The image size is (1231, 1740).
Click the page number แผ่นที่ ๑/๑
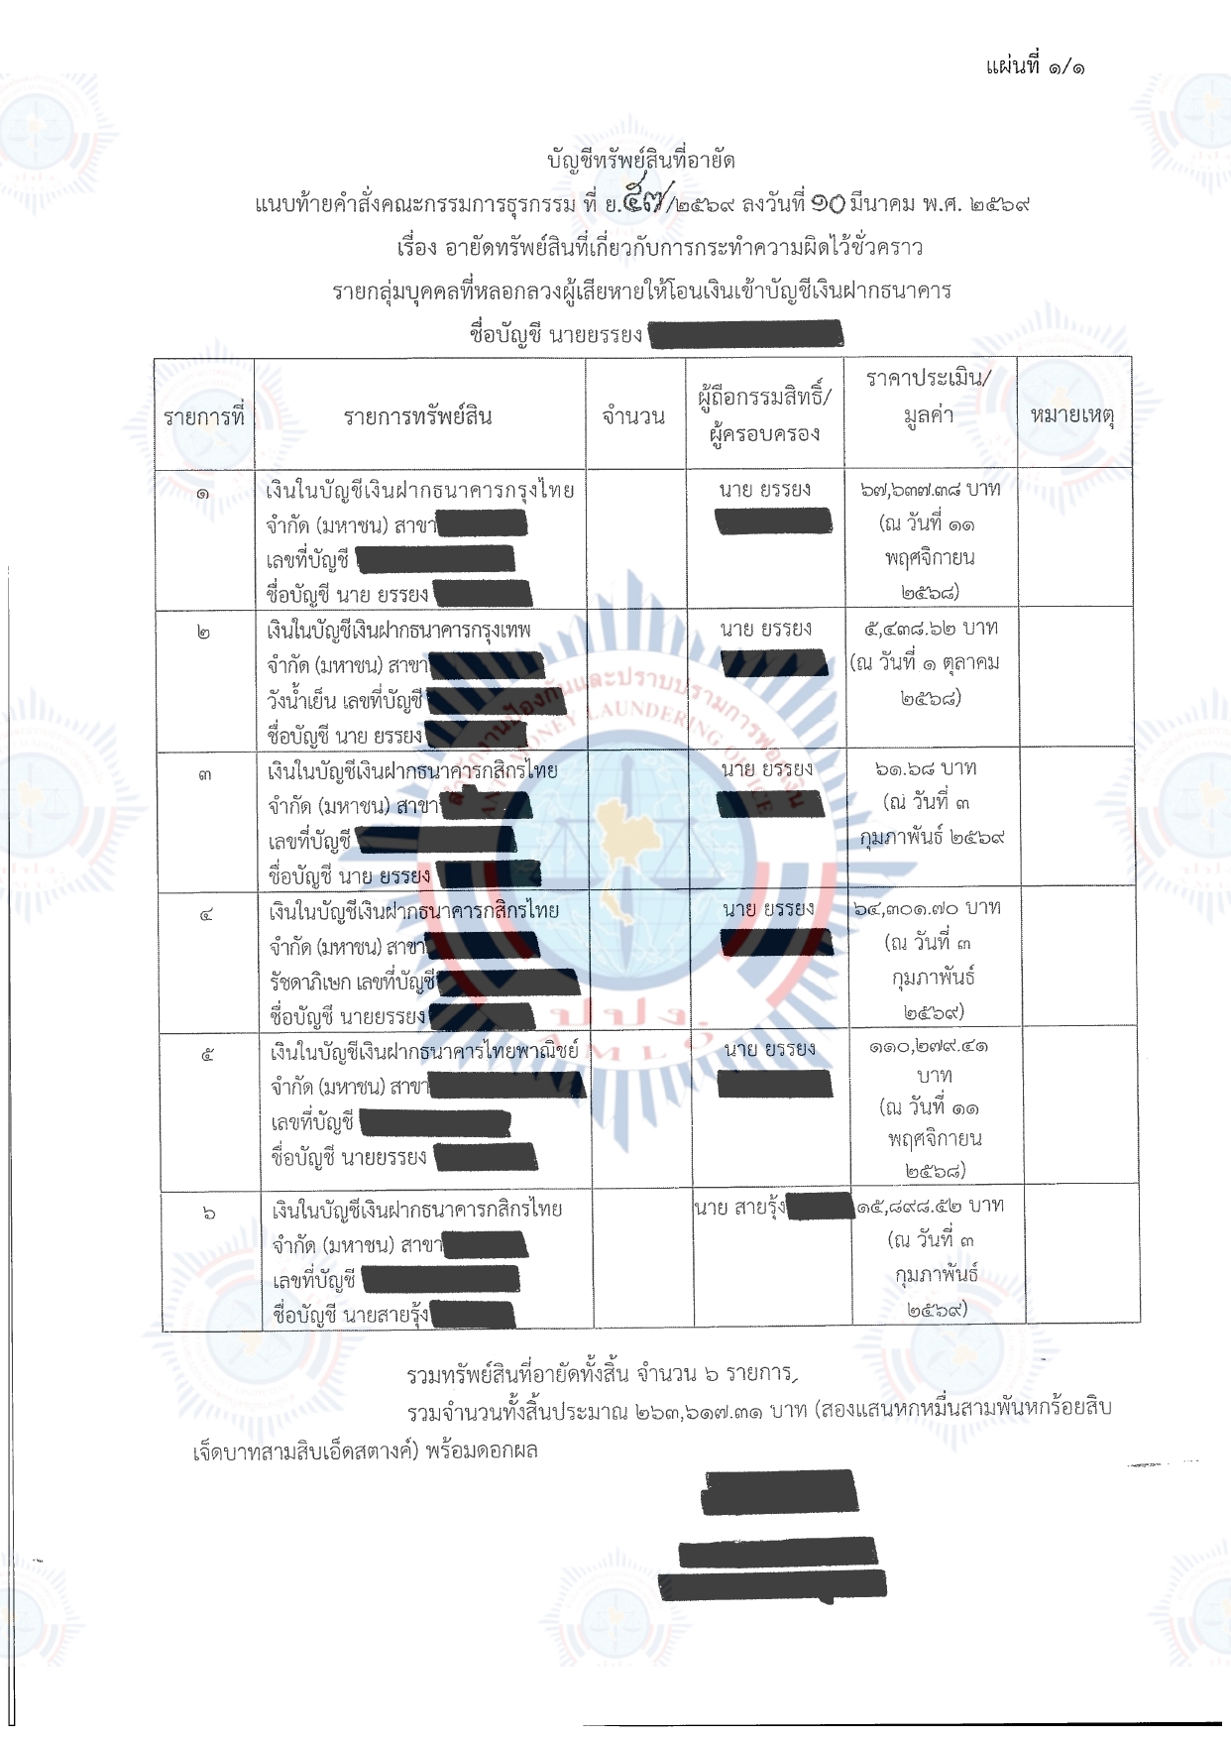tap(1035, 66)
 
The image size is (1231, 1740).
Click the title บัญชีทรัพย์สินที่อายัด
tap(641, 160)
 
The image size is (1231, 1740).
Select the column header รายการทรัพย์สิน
tap(418, 416)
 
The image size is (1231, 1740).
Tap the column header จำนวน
tap(633, 416)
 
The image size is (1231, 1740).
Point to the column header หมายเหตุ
tap(1072, 414)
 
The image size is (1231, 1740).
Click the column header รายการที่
tap(204, 417)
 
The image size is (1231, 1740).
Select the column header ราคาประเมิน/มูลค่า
tap(929, 396)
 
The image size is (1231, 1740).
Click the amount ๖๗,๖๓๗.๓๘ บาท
tap(930, 489)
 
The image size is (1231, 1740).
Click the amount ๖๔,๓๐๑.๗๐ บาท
tap(928, 908)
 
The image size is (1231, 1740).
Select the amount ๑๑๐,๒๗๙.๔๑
tap(929, 1046)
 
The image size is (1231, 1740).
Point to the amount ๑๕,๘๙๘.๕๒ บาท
tap(931, 1206)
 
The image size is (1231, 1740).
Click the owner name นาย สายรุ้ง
tap(739, 1207)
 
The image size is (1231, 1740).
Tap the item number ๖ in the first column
tap(208, 1212)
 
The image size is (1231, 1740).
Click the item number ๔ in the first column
tap(206, 914)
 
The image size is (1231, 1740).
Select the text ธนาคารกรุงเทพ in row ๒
tap(474, 631)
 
